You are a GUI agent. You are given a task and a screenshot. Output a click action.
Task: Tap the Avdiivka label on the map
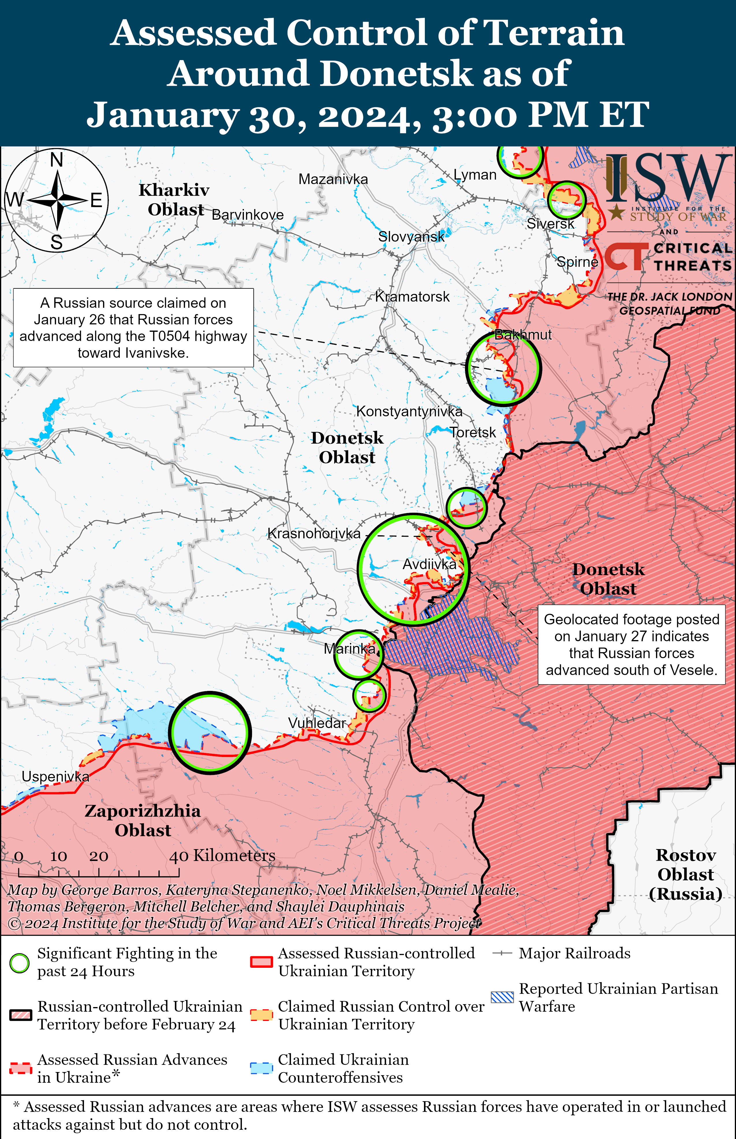point(429,564)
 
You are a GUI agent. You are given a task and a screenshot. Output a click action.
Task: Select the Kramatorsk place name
point(412,297)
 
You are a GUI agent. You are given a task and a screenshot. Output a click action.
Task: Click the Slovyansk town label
point(411,236)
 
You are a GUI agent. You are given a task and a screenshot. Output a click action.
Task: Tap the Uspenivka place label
point(55,776)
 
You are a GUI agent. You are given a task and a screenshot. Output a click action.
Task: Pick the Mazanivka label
point(333,179)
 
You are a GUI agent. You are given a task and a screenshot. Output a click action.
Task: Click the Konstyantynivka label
point(409,411)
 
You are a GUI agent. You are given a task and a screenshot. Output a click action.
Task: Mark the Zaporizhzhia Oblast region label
point(142,820)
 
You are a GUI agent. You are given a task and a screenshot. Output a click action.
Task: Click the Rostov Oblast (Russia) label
point(685,874)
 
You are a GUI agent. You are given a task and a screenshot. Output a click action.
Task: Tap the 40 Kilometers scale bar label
point(222,855)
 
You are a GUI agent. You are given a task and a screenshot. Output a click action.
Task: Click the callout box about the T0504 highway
point(133,328)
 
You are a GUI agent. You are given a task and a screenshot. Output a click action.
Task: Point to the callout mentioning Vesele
point(631,644)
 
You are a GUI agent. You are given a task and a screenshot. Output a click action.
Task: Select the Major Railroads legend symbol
point(502,954)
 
